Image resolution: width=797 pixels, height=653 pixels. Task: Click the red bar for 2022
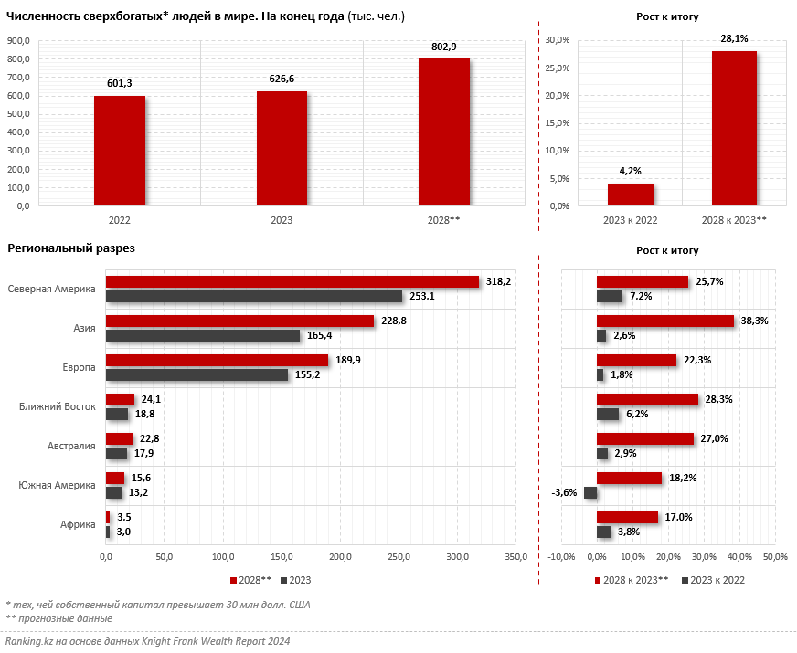[119, 151]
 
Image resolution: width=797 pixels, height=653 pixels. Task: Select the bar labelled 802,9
[444, 132]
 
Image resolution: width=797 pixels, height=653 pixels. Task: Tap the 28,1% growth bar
[734, 128]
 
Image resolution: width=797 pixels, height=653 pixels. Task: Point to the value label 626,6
[282, 79]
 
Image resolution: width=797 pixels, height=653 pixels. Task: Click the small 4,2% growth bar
[631, 195]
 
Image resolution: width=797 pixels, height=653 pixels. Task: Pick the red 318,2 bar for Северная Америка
[292, 282]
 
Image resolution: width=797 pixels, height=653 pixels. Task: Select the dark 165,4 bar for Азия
[202, 336]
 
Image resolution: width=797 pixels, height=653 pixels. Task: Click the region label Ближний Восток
[58, 406]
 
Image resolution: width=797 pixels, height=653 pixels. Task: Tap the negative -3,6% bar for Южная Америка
[590, 492]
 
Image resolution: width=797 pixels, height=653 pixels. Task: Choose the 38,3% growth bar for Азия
[664, 321]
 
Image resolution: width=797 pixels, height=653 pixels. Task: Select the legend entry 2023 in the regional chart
[296, 580]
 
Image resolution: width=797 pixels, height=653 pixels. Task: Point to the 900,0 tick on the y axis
[19, 41]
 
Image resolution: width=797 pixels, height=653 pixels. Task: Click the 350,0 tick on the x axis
[516, 557]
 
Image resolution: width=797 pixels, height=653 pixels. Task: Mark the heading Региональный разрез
[71, 248]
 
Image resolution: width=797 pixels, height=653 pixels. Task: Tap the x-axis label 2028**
[444, 220]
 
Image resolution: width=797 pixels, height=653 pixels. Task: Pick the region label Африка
[79, 524]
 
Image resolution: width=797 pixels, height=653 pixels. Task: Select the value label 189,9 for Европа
[348, 361]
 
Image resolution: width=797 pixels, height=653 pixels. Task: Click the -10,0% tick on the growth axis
[560, 557]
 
